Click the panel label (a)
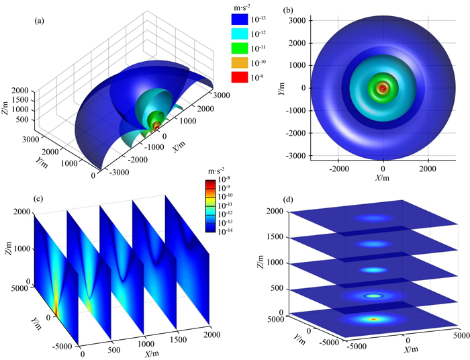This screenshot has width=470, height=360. [x=39, y=21]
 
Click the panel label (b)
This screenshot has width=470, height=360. [x=288, y=10]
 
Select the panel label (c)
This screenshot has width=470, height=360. [x=39, y=198]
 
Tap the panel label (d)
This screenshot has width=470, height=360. [x=288, y=199]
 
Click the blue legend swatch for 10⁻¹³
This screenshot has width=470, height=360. [x=240, y=19]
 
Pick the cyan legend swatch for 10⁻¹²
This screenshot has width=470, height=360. [x=240, y=34]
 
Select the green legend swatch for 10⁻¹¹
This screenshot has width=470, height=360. [x=240, y=48]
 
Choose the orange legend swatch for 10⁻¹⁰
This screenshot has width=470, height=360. [x=240, y=62]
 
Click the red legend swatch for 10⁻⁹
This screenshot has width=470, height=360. [x=240, y=77]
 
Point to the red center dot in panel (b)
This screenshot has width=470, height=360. [x=383, y=88]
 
